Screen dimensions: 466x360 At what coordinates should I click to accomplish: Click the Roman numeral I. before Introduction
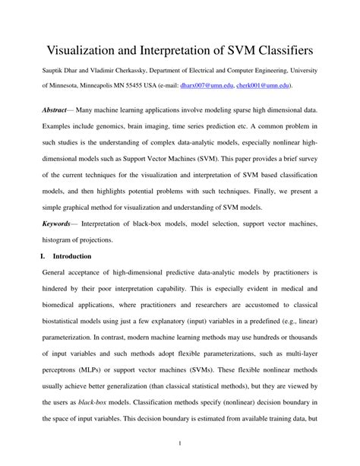tap(43, 257)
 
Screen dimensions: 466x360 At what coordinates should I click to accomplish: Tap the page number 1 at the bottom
tap(179, 443)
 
